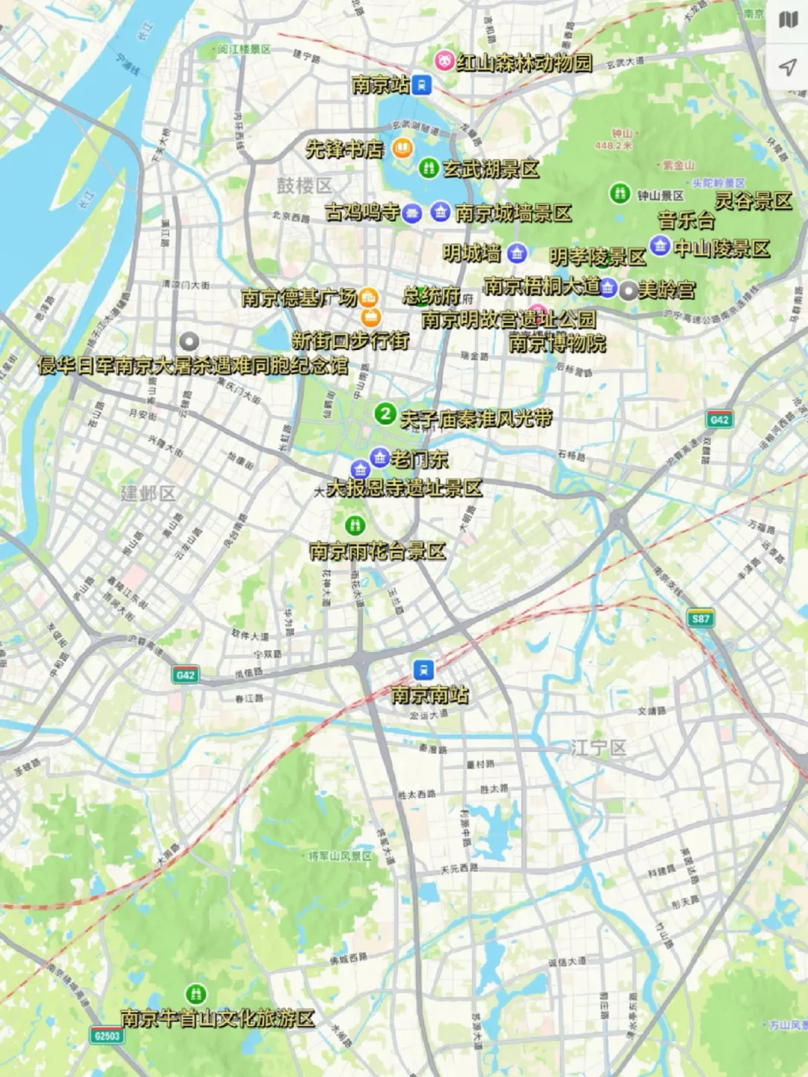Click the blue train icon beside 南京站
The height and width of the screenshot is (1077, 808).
pos(422,85)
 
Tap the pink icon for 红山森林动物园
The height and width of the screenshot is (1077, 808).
pos(445,61)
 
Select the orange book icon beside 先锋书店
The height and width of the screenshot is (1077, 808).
pos(402,148)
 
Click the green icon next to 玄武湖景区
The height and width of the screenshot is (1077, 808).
pos(429,168)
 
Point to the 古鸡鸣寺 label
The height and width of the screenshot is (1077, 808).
pos(363,212)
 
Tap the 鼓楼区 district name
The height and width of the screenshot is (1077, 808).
pos(304,185)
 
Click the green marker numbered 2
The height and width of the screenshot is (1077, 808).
pos(385,413)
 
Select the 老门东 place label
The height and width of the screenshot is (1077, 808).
pos(419,458)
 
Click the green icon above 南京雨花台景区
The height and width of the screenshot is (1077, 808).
pos(355,525)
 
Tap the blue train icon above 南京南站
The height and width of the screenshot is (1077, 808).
pos(423,669)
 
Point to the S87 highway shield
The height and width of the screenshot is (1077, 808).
pos(700,619)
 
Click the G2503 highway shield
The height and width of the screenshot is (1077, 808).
pos(106,1036)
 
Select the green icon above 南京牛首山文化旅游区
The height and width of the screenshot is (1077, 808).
pos(196,993)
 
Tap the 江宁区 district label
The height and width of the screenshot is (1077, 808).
pos(598,747)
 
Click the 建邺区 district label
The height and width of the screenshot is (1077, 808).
pos(148,493)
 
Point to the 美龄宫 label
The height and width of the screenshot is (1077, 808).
pos(666,290)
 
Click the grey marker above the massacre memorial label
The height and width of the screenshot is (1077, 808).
pos(189,342)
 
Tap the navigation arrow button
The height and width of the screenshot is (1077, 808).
pos(787,68)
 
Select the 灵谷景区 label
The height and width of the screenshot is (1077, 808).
pos(753,200)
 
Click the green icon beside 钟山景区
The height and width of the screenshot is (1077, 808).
pos(619,194)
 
